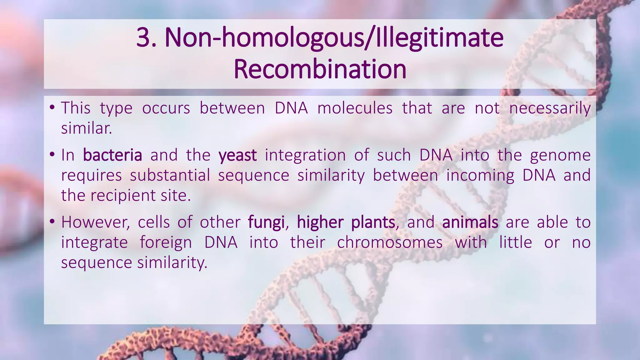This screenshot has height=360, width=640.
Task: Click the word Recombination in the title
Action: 320,69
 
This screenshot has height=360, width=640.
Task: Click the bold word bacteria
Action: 112,155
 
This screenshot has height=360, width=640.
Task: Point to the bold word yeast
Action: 237,155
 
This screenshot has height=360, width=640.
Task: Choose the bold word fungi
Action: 266,222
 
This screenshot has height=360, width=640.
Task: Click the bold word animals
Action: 470,222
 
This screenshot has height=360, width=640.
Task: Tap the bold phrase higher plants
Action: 346,222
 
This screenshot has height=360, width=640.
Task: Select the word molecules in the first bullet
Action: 355,108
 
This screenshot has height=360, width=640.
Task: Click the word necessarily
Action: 550,108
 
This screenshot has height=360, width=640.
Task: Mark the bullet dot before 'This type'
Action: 52,108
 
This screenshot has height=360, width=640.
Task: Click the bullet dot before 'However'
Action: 52,222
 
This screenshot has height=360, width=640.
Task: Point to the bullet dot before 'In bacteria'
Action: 52,155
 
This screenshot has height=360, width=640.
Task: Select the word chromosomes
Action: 390,242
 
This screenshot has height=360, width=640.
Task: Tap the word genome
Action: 560,155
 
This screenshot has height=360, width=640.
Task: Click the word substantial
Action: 170,175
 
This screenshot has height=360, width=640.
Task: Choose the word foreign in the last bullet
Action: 166,242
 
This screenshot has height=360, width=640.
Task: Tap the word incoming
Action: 480,175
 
